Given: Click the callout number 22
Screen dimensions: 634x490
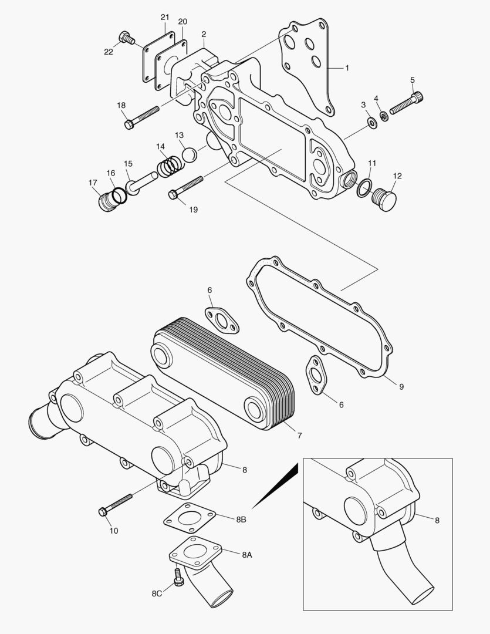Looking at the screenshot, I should [109, 52].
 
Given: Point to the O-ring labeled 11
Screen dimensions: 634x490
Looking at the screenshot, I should [364, 186].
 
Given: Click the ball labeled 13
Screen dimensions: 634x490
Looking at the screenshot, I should [189, 155].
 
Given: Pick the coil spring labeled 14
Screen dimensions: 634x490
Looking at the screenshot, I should [168, 164].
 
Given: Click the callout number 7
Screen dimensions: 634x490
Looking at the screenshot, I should [299, 436].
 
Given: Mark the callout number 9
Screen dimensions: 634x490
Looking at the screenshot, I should [401, 387].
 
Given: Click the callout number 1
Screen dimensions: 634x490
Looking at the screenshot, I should [346, 68].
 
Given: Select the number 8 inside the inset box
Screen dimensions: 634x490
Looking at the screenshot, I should [437, 520].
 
